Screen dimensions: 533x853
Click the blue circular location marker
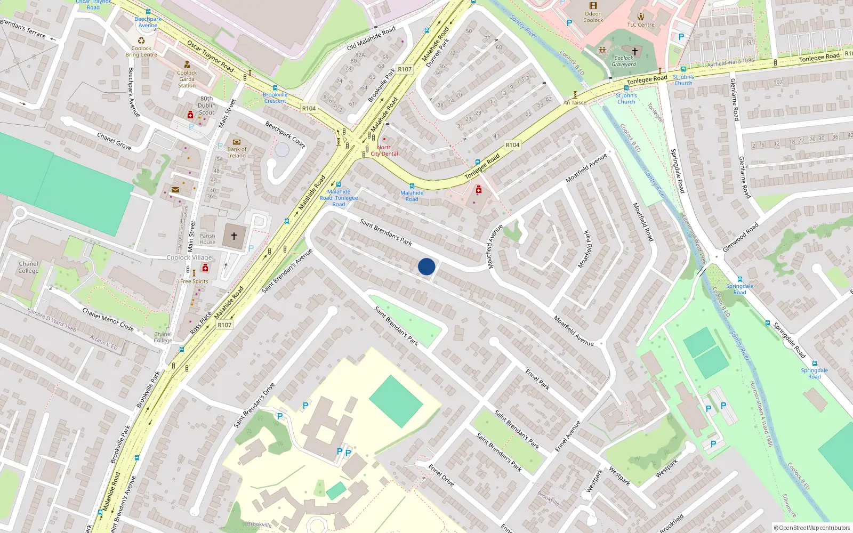(426, 266)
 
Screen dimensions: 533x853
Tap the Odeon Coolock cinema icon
(593, 5)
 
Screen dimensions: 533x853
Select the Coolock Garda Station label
(187, 79)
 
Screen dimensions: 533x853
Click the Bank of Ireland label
(237, 152)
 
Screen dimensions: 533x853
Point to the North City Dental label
(384, 150)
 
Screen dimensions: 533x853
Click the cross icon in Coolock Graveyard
(634, 51)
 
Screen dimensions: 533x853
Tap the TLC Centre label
(640, 25)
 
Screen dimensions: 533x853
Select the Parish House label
(207, 239)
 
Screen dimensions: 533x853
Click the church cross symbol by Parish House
(234, 236)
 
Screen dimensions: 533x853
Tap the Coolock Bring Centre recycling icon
(141, 41)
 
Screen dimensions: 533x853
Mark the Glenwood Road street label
(741, 238)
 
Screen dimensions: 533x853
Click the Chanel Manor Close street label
(108, 319)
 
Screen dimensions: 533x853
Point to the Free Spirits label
(194, 281)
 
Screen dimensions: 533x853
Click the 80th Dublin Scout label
(207, 106)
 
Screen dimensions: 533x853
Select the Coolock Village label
(189, 257)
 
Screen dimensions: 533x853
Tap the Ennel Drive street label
(441, 475)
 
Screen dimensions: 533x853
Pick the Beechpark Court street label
(285, 134)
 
